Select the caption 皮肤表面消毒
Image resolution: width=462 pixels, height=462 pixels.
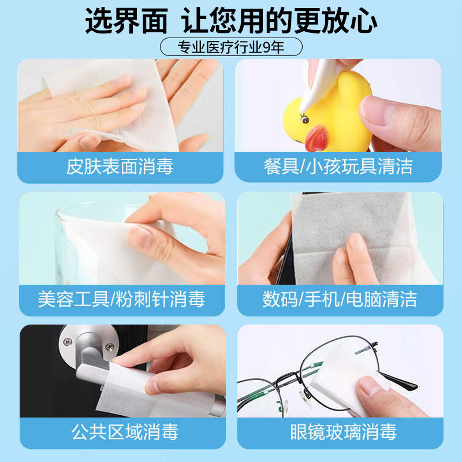(120, 167)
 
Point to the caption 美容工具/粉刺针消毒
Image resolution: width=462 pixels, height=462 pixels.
(121, 299)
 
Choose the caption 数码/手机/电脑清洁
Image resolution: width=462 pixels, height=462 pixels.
(340, 299)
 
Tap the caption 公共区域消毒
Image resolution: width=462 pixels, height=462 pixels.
(125, 431)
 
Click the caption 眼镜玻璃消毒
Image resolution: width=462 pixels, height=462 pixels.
(343, 431)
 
